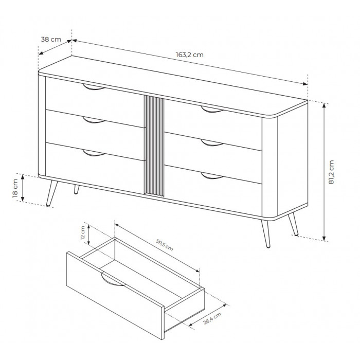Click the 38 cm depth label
pos(51,39)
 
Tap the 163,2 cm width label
pos(190,55)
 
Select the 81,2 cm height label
pos(331,172)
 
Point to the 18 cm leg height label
pos(15,188)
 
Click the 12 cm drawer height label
pos(83,233)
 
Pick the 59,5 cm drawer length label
pos(165,245)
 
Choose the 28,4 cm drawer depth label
pos(212,318)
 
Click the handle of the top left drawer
pos(94,87)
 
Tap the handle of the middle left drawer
pos(94,120)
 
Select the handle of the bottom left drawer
pos(94,153)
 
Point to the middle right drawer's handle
pos(212,143)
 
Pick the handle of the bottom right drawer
pos(212,176)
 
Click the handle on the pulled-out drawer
pos(113,280)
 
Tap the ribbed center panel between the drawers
pos(154,146)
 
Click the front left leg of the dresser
pos(52,193)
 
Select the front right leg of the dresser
pos(266,233)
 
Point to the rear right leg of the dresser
pos(293,224)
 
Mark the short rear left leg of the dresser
pos(77,189)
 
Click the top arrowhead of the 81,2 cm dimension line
pos(324,105)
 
